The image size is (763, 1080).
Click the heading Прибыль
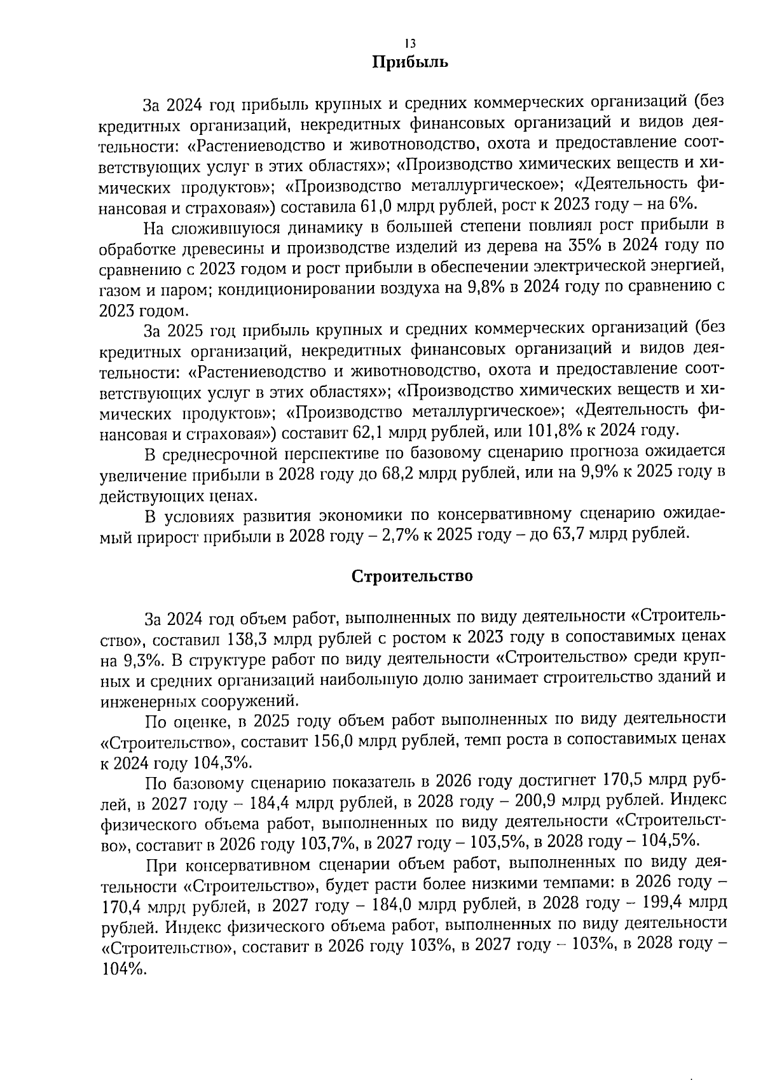pos(410,63)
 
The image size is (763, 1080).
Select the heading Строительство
pos(412,577)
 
